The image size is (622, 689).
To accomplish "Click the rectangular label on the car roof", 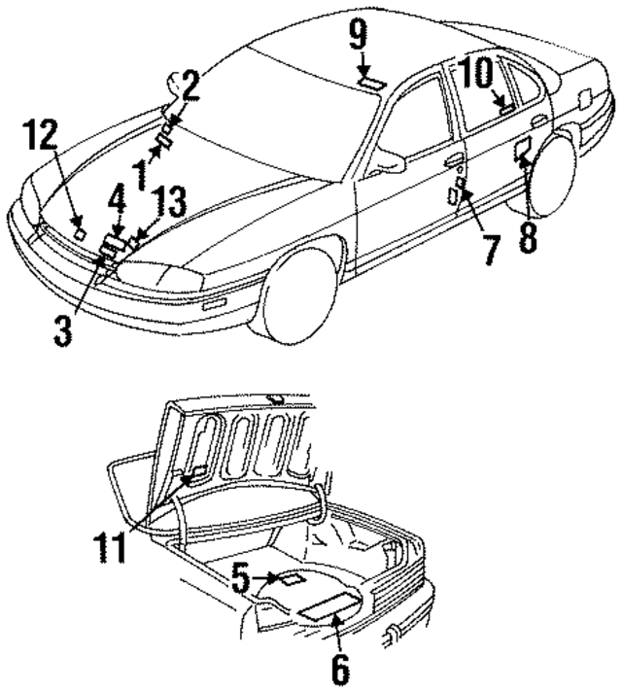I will coord(370,84).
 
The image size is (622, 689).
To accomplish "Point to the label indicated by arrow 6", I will coord(323,608).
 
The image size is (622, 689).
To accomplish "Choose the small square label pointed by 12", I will coord(79,232).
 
